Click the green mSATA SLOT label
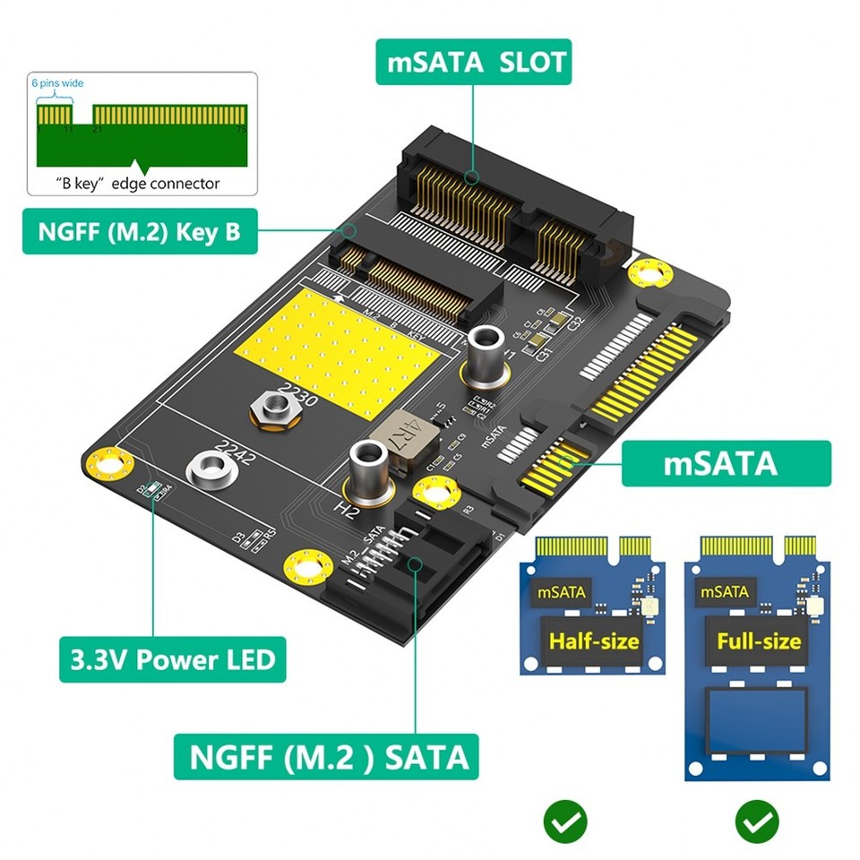pyautogui.click(x=473, y=62)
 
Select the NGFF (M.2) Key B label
pyautogui.click(x=139, y=232)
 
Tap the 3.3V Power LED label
pyautogui.click(x=172, y=660)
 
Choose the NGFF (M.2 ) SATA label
pyautogui.click(x=326, y=757)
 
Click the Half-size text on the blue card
pyautogui.click(x=595, y=641)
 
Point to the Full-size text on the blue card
pyautogui.click(x=758, y=641)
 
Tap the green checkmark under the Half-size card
pyautogui.click(x=565, y=819)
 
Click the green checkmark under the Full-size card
pyautogui.click(x=757, y=819)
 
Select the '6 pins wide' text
pyautogui.click(x=57, y=83)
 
